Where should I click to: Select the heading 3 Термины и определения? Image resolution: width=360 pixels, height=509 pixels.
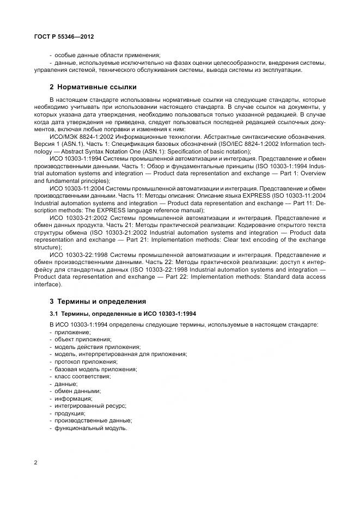(x=97, y=301)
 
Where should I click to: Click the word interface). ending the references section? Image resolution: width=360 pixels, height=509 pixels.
(x=48, y=284)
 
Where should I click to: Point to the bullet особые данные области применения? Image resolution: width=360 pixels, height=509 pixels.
(x=107, y=54)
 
